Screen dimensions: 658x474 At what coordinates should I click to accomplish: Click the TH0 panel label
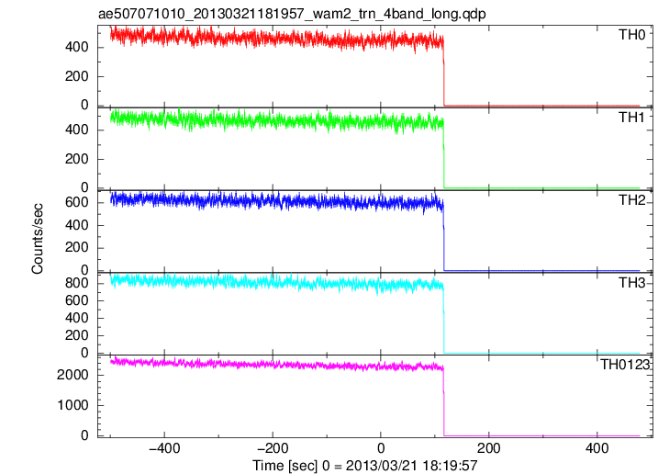(631, 35)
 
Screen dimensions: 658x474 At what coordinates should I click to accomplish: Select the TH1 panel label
(631, 118)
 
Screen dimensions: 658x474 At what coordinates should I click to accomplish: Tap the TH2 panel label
(631, 200)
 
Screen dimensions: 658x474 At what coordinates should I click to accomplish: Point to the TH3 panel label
(631, 283)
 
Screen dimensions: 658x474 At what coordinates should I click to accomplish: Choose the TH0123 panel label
(625, 365)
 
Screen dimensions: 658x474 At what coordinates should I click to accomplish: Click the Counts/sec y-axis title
(37, 239)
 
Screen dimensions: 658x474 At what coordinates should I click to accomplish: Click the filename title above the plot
(292, 14)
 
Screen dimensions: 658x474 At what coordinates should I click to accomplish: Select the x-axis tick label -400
(164, 448)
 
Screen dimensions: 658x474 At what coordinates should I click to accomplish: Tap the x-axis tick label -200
(273, 448)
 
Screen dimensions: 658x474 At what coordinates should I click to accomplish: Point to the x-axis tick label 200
(489, 448)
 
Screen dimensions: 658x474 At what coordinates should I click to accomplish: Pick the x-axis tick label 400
(597, 448)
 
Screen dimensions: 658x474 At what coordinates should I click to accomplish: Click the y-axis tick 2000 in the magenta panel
(72, 375)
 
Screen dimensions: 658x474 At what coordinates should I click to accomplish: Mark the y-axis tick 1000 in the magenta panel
(72, 405)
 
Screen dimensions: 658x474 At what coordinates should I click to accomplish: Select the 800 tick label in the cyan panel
(77, 283)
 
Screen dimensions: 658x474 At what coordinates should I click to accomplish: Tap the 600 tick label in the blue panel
(77, 202)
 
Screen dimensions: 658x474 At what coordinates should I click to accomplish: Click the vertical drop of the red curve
(443, 72)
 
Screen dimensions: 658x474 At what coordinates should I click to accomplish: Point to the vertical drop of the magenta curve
(443, 401)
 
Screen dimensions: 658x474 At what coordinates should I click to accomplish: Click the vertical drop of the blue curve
(443, 236)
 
